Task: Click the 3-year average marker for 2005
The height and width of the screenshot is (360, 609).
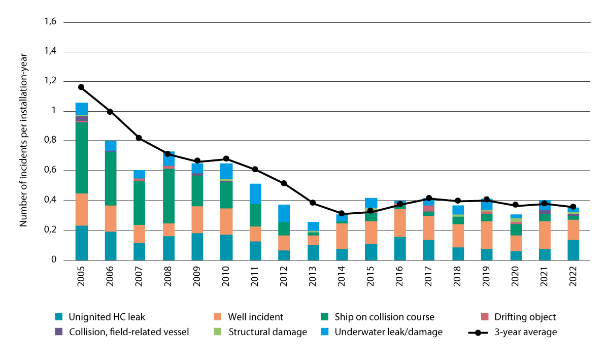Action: pos(81,87)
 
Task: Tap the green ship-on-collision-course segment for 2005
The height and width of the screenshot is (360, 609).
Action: pos(81,158)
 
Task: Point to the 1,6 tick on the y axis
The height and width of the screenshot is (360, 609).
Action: pos(50,22)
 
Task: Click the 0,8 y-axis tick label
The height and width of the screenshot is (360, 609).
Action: pos(50,141)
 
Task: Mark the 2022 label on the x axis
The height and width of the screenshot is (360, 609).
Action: pos(573,277)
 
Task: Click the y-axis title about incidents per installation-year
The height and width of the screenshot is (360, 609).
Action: pos(23,142)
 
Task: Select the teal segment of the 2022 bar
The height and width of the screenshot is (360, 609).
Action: pos(573,250)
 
